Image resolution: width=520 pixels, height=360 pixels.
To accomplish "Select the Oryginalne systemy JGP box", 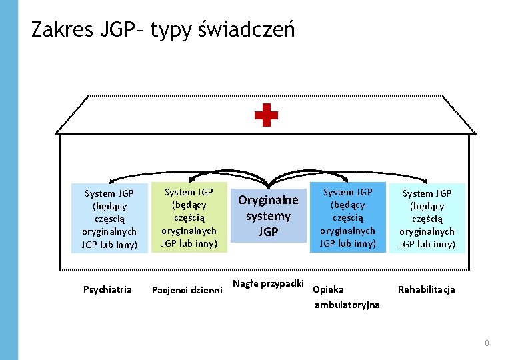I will tap(269, 215).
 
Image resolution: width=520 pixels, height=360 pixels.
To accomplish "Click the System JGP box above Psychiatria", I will tap(109, 219).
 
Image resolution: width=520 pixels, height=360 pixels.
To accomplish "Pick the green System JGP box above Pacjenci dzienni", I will tap(189, 217).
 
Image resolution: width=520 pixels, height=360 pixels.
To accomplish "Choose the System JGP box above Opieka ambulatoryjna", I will tap(347, 217).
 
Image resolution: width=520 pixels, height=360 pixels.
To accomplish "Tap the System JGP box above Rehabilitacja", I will tap(427, 219).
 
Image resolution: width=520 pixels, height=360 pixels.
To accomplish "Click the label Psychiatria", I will tap(107, 289).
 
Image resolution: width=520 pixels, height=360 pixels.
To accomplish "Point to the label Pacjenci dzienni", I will tap(187, 290).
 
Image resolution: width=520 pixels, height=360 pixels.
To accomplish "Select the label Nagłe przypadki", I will tap(268, 284).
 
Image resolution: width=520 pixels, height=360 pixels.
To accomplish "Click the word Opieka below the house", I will tap(328, 290).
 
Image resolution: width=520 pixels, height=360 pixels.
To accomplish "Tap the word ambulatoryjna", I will tap(347, 305).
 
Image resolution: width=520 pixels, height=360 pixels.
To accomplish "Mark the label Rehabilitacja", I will tap(426, 289).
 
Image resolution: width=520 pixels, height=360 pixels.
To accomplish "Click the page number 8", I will tap(487, 343).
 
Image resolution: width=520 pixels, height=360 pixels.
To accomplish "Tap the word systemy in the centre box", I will tap(268, 216).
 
